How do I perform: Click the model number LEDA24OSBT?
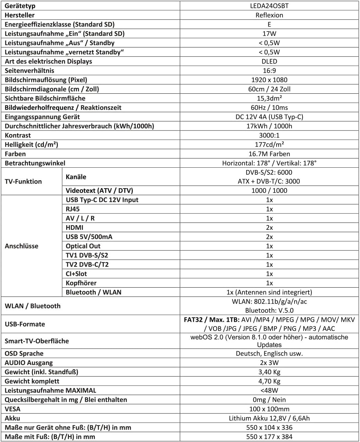tap(269, 6)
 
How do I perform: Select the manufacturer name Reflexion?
tap(269, 15)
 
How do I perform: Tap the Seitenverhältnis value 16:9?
tap(269, 71)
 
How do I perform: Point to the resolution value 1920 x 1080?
tap(269, 80)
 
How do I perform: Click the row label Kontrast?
tap(18, 135)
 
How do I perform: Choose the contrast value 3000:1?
tap(269, 135)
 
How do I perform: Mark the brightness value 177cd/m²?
tap(269, 145)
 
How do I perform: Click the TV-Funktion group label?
tap(23, 182)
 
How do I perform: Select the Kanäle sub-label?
tap(76, 177)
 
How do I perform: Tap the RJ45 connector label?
tap(72, 209)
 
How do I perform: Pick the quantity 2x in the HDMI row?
tap(269, 228)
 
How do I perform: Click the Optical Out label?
tap(83, 246)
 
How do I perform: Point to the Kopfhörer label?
tap(81, 283)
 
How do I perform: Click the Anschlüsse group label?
tap(22, 246)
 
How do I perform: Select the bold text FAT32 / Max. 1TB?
tap(211, 320)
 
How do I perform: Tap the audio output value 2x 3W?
tap(269, 363)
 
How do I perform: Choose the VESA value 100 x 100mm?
tap(269, 409)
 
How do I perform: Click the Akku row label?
tap(12, 418)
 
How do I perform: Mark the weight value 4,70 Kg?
tap(269, 381)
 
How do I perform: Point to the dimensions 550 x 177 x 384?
tap(269, 437)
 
